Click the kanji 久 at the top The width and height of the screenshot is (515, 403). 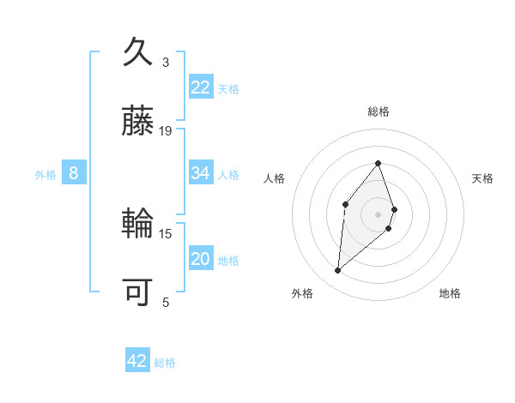tap(138, 53)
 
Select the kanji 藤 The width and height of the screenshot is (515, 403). tap(138, 122)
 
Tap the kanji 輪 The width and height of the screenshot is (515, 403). tap(138, 225)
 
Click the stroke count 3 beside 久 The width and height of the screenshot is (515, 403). tap(166, 63)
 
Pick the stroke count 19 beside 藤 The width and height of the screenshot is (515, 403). tap(166, 131)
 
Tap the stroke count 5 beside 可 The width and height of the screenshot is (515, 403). tap(166, 302)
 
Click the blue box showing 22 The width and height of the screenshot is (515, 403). tap(201, 87)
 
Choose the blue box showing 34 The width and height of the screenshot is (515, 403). tap(201, 173)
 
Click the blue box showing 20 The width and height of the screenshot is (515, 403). tap(201, 259)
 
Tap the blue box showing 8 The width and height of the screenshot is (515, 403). tap(74, 173)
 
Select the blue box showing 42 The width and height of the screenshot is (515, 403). tap(137, 361)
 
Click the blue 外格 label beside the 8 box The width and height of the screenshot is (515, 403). tap(45, 175)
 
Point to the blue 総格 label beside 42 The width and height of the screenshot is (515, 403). tap(165, 363)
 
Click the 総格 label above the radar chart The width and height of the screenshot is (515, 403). tap(378, 112)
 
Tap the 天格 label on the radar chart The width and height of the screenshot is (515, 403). tap(482, 178)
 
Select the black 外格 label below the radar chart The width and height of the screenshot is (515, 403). tap(302, 293)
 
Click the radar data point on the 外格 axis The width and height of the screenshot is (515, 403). tap(338, 271)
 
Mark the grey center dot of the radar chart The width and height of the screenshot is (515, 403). tap(378, 214)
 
